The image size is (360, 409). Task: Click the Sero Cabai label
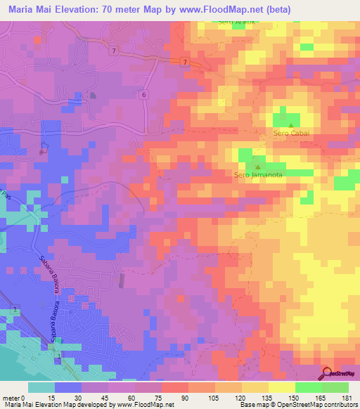(291, 133)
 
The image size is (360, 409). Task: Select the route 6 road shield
(143, 95)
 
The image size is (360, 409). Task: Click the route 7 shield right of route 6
(184, 63)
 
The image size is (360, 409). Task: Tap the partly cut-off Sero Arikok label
(235, 22)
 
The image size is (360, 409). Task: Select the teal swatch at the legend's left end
(41, 387)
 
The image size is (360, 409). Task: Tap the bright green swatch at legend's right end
(335, 387)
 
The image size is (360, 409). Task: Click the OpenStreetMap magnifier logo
(328, 372)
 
